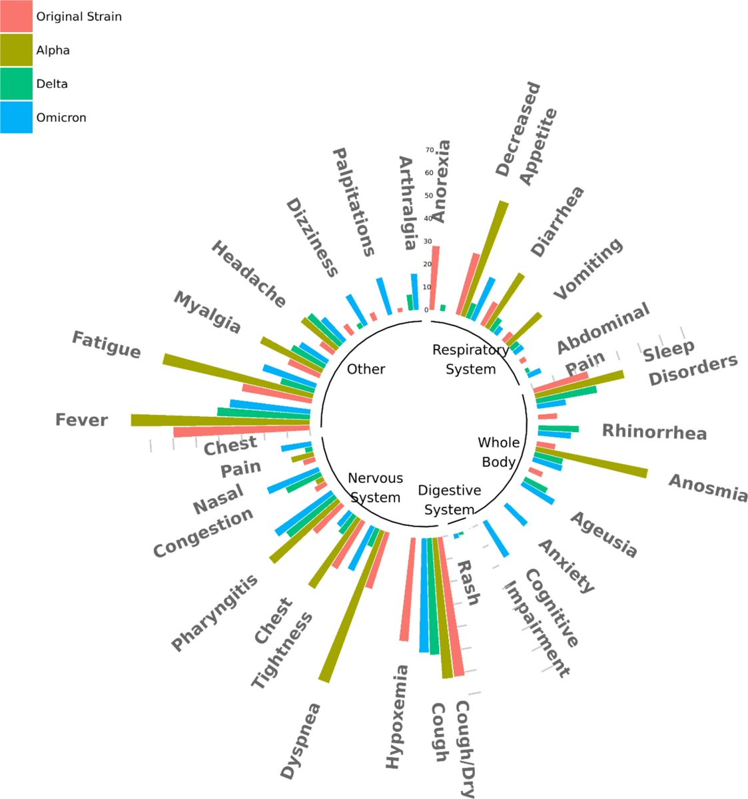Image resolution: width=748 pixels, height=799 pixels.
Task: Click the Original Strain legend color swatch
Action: [16, 16]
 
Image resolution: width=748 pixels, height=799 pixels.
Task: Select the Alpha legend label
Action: [53, 51]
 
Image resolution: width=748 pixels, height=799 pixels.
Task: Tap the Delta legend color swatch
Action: [16, 84]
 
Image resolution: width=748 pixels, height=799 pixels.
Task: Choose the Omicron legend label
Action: [61, 118]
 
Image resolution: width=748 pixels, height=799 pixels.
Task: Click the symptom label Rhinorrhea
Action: [654, 431]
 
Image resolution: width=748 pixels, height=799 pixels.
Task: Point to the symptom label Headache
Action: [248, 274]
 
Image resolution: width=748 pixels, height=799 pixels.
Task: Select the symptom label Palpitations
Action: [354, 202]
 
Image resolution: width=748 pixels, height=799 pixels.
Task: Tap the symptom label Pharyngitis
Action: [214, 613]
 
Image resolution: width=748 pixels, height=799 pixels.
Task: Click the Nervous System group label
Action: [375, 487]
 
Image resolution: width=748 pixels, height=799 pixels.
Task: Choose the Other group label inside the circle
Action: [366, 369]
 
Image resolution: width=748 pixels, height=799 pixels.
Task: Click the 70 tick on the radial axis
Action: [429, 150]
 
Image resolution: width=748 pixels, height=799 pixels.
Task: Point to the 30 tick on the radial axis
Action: [428, 241]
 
